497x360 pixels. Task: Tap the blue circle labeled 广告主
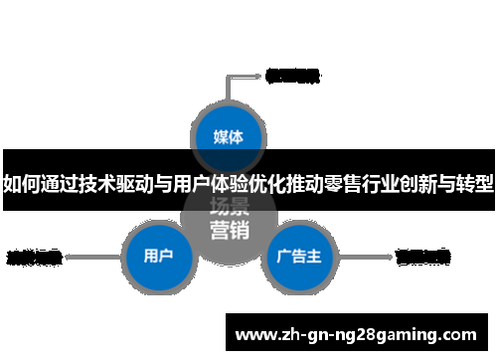point(297,257)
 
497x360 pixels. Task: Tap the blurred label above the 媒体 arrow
point(292,75)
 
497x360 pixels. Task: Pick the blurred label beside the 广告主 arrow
point(423,257)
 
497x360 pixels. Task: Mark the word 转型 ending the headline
point(476,184)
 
